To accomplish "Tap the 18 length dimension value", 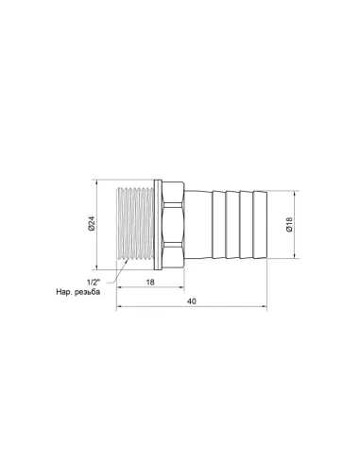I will click(151, 282).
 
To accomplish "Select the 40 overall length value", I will click(192, 302).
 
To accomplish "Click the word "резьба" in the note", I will click(99, 294).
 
